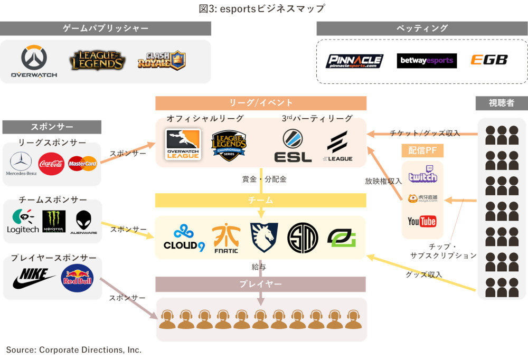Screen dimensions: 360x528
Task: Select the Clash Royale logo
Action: point(161,60)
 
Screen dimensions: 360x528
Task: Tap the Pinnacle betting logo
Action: point(354,61)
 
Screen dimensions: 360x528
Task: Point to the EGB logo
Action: point(489,60)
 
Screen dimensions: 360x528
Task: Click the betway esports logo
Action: point(427,61)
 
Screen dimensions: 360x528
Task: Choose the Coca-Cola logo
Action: point(51,164)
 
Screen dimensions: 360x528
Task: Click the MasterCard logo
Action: point(82,164)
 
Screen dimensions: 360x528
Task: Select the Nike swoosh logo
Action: point(33,278)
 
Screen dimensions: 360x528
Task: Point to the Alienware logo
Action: point(87,222)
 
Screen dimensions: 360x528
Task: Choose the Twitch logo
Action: point(422,174)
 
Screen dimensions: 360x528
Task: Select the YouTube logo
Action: point(422,221)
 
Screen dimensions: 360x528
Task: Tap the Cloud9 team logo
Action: point(184,238)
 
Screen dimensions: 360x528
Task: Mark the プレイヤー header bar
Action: point(260,284)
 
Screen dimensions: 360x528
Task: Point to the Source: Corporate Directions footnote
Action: point(74,349)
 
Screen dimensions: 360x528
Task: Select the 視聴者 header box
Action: point(502,103)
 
